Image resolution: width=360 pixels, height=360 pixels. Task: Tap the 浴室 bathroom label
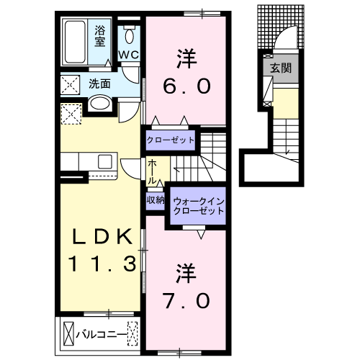pyautogui.click(x=100, y=36)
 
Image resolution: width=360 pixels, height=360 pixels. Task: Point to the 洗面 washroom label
pyautogui.click(x=99, y=84)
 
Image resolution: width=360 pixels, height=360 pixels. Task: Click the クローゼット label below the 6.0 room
pyautogui.click(x=171, y=140)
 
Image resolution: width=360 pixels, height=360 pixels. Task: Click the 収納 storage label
pyautogui.click(x=156, y=200)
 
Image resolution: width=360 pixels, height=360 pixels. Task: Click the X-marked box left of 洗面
pyautogui.click(x=70, y=84)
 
